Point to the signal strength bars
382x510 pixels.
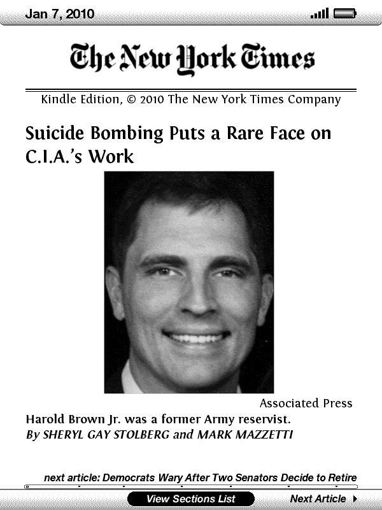pos(320,13)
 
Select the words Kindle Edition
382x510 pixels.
pos(80,99)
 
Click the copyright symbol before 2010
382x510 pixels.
pos(131,99)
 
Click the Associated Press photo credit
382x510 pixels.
pos(306,404)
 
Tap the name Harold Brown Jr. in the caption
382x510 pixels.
pos(70,419)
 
